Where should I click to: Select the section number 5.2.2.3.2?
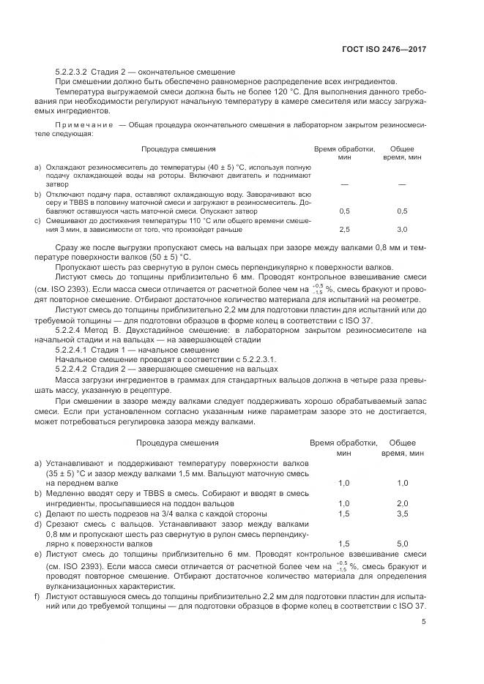click(71, 72)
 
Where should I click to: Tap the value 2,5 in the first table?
click(344, 229)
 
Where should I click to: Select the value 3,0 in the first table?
click(402, 229)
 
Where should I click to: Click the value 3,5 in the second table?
click(402, 514)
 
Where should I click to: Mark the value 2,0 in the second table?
click(402, 504)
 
